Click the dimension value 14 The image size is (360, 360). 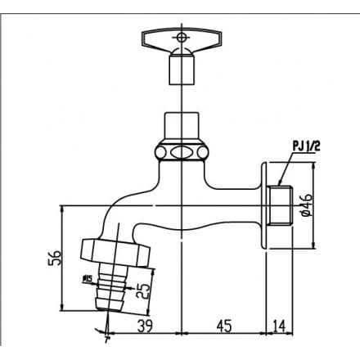pos(281,326)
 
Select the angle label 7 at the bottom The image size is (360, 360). pos(106,338)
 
